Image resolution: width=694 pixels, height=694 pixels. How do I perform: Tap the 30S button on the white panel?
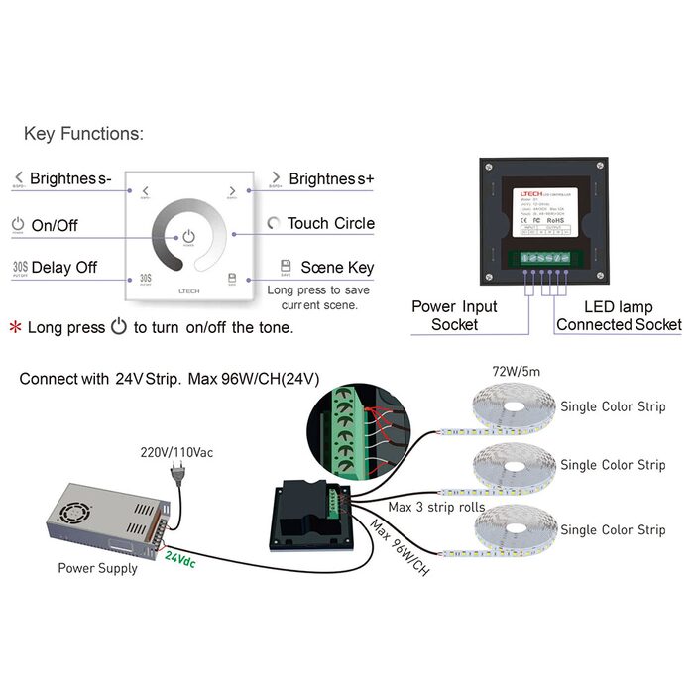coord(145,280)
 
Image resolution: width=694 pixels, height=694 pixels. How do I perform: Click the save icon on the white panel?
coord(231,280)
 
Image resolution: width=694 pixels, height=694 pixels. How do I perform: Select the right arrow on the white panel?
coord(231,191)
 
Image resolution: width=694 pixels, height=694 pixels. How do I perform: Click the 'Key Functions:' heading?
coord(83,133)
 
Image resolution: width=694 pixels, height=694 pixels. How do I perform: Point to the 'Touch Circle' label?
coord(330,223)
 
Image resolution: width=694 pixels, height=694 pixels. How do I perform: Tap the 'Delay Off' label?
coord(64,268)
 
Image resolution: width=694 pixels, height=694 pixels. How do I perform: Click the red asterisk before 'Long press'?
coord(15,327)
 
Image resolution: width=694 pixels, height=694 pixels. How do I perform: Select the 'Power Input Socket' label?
coord(455,315)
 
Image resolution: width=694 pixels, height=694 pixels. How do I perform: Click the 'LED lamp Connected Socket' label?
coord(619,315)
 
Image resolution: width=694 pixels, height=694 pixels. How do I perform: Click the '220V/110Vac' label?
coord(175,452)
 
